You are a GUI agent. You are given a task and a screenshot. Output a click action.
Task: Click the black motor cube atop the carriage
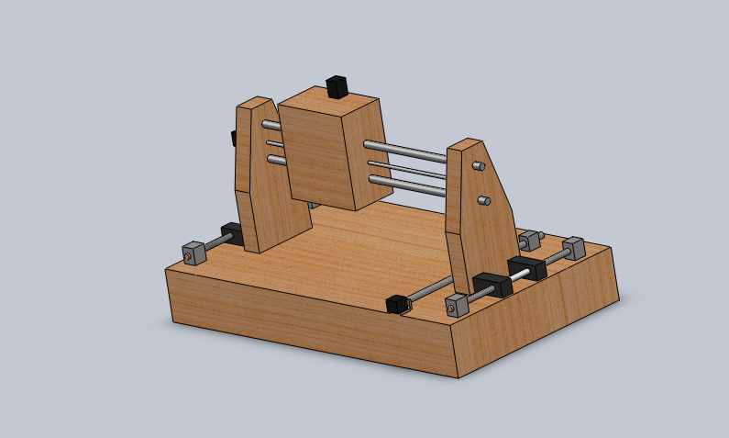(x=337, y=87)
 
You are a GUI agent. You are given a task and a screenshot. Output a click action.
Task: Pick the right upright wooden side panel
(x=481, y=211)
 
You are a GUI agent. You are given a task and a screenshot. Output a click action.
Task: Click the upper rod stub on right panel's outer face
(x=479, y=166)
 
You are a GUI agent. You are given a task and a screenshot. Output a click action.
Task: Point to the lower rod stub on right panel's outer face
(x=485, y=200)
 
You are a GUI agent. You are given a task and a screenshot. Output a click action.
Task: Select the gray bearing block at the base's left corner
(x=193, y=252)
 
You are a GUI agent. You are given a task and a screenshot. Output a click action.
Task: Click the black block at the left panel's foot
(x=232, y=233)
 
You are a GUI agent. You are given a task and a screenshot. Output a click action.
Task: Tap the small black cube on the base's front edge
(x=397, y=304)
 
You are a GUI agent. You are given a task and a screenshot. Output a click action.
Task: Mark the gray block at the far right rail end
(x=573, y=248)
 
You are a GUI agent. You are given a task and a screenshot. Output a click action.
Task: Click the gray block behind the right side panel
(x=529, y=241)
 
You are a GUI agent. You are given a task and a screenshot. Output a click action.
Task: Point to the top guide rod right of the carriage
(x=404, y=151)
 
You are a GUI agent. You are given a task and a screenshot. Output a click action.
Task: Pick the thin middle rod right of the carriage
(x=407, y=171)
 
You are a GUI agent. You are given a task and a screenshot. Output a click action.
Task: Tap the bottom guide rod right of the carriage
(x=407, y=187)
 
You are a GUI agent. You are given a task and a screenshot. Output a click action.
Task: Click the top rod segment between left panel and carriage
(x=271, y=126)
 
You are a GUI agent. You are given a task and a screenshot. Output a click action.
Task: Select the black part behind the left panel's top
(x=234, y=138)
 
